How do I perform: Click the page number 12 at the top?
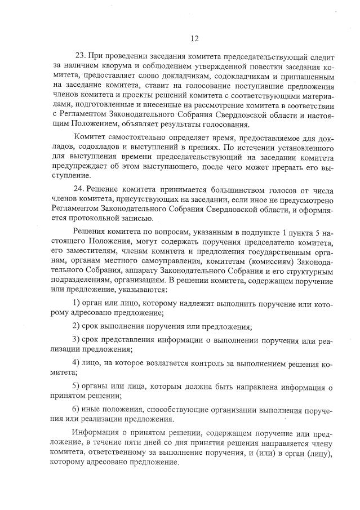[x=194, y=38]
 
